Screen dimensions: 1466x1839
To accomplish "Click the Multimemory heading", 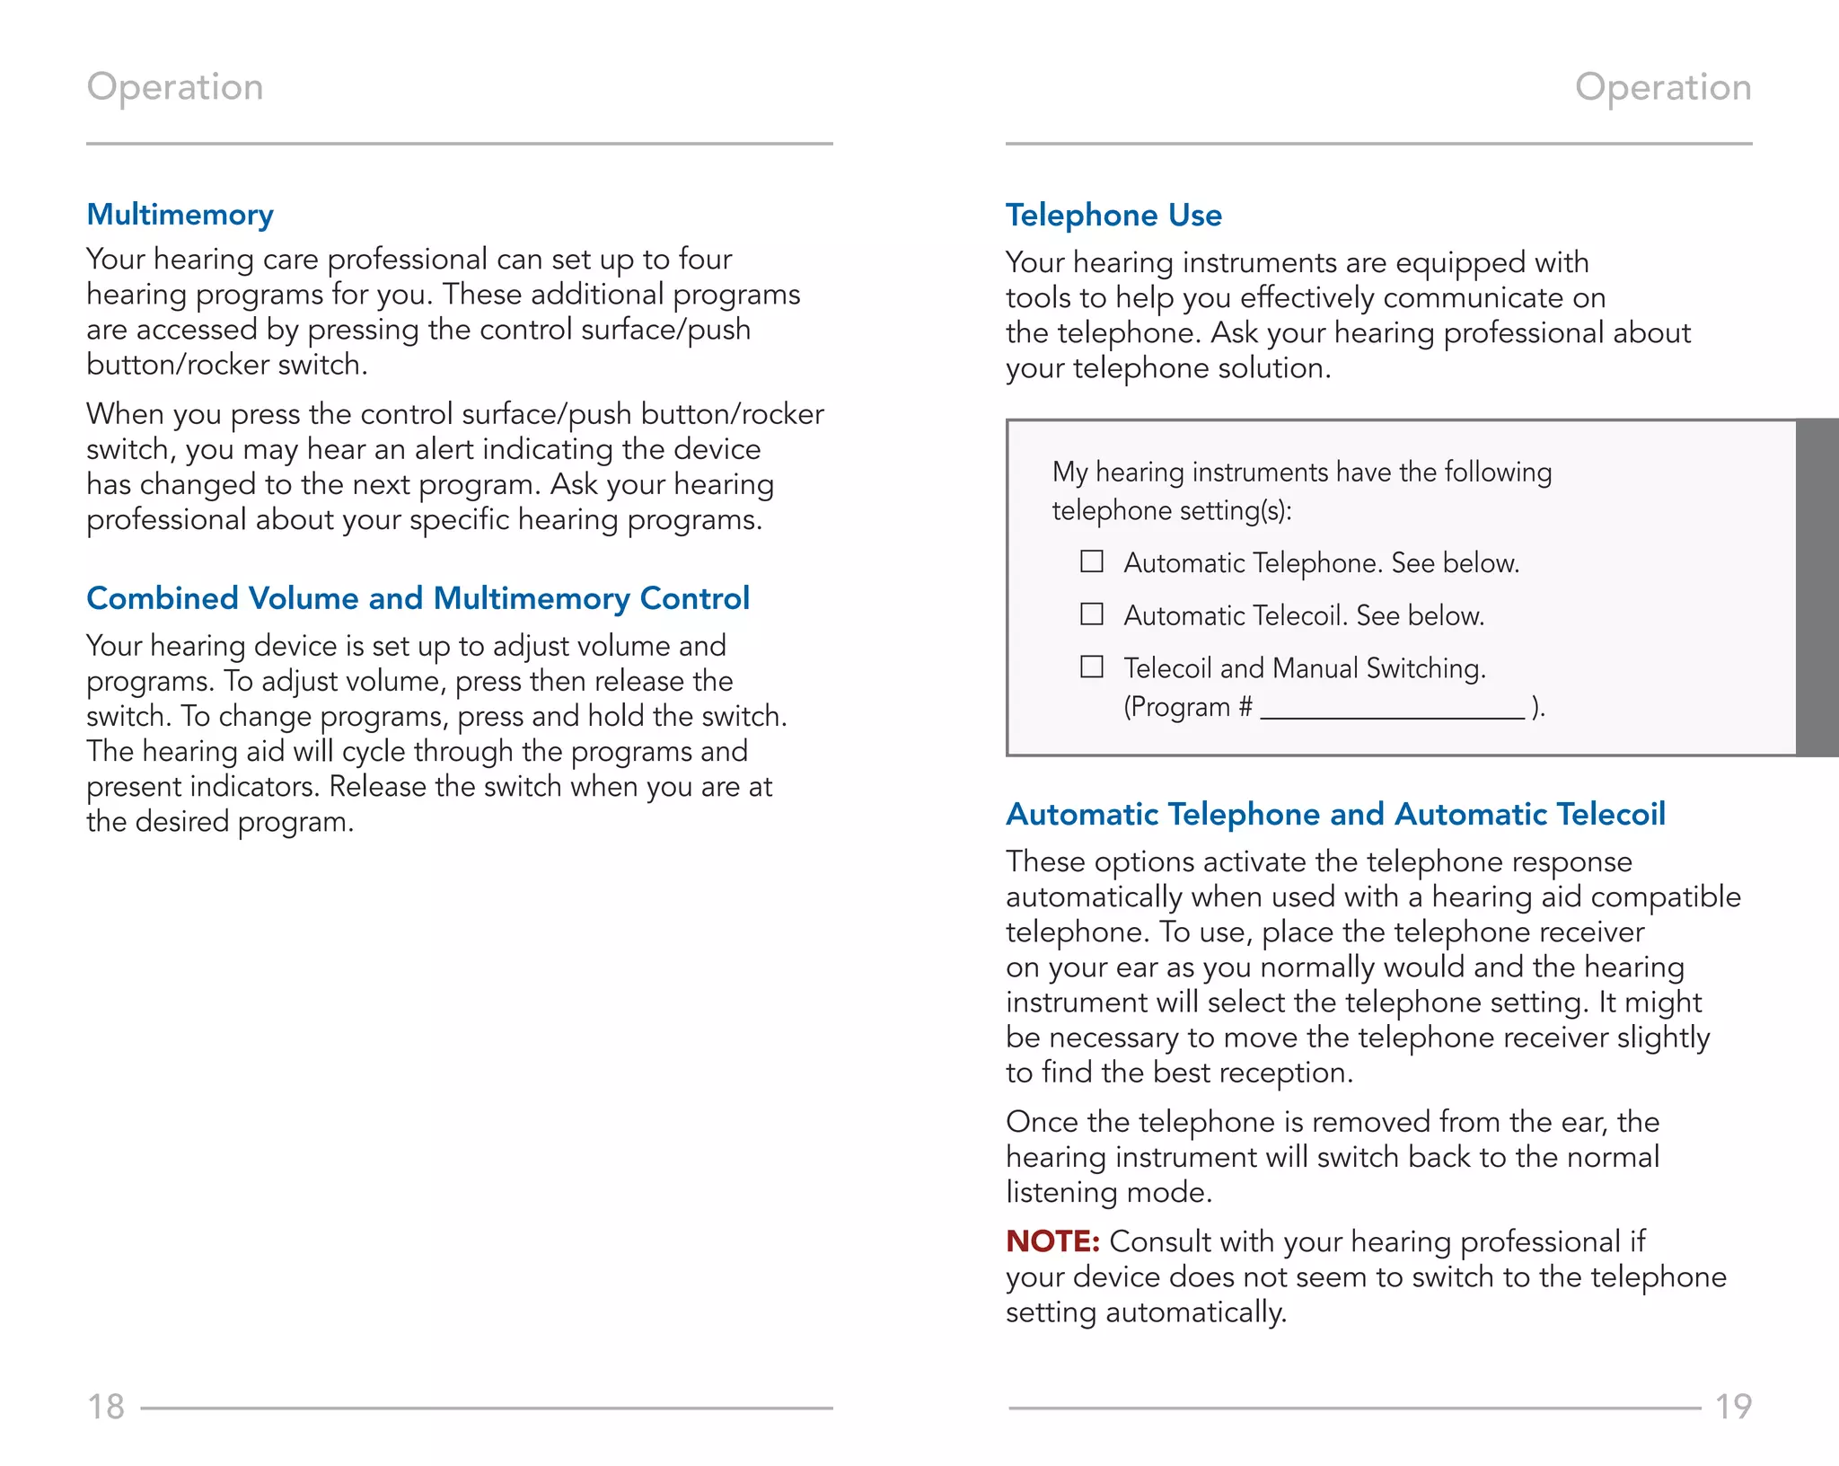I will click(x=180, y=215).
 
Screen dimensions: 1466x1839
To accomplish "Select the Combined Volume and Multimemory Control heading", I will click(x=418, y=598).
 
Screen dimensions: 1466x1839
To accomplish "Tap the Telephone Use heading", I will click(x=1113, y=216).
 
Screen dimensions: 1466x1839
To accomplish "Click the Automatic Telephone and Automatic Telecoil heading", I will click(x=1335, y=814).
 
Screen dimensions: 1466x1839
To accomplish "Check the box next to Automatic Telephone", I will click(x=1091, y=561).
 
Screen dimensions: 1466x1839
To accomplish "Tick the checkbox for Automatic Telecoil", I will click(x=1091, y=614).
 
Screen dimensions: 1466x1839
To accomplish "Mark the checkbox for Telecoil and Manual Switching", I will click(x=1091, y=667).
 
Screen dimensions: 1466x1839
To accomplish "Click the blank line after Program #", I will click(x=1392, y=710).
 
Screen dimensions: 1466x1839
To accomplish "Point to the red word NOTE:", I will click(x=1052, y=1241).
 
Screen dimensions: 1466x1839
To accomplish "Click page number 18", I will click(x=105, y=1407).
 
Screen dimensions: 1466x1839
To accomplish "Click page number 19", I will click(x=1733, y=1407).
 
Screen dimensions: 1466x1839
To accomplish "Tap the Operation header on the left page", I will click(x=175, y=87).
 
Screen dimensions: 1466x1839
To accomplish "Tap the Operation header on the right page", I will click(x=1663, y=87).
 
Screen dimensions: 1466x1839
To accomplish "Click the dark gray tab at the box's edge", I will click(x=1817, y=587).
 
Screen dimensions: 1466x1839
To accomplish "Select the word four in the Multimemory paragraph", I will click(x=705, y=260).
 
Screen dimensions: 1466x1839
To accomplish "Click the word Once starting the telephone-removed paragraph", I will click(x=1042, y=1122).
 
